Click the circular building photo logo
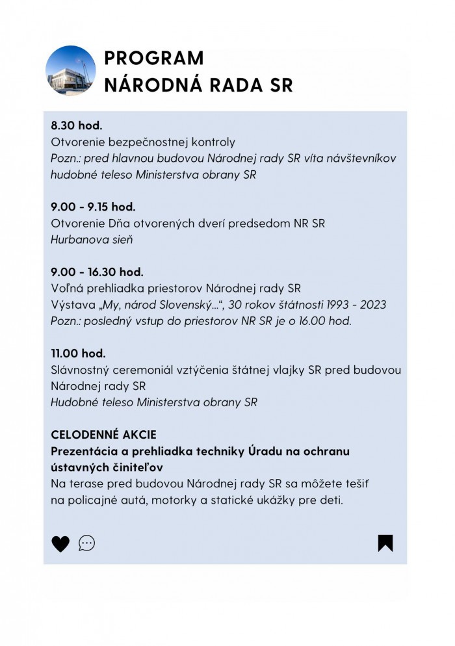click(x=71, y=71)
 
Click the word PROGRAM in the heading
click(x=153, y=58)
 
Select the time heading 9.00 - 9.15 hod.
click(x=93, y=207)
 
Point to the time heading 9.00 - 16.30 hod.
click(x=97, y=272)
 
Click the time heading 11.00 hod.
click(x=78, y=354)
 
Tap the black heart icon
click(x=60, y=543)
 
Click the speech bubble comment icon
click(x=86, y=543)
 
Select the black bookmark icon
click(x=385, y=543)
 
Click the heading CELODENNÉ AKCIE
click(x=103, y=435)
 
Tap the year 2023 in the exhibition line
click(x=373, y=305)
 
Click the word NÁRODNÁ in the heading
click(x=149, y=85)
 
